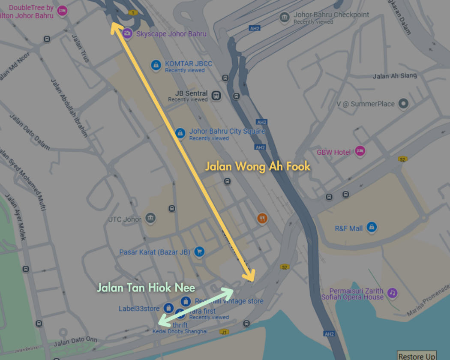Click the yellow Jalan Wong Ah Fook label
(x=258, y=166)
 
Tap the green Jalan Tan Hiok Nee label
(x=146, y=288)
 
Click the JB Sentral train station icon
(x=216, y=95)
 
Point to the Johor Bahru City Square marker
(x=180, y=133)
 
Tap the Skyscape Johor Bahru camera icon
(x=127, y=33)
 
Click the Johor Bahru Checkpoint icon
(x=284, y=17)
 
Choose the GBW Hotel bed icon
(x=360, y=151)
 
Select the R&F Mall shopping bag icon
(x=372, y=227)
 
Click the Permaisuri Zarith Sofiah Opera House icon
(x=392, y=293)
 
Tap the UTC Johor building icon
(x=150, y=219)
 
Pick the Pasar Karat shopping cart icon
(x=198, y=252)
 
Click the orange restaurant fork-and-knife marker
(x=262, y=219)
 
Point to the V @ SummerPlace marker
(x=403, y=103)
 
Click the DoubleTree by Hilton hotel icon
(x=62, y=11)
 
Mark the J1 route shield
(x=224, y=332)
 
